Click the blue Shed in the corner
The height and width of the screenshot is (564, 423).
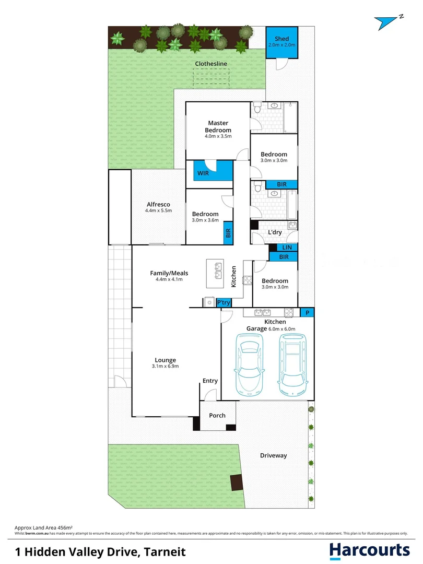coord(281,42)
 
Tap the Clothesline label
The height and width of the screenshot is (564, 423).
coord(211,64)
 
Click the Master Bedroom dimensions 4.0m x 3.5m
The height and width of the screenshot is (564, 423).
coord(218,136)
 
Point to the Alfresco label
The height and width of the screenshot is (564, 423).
coord(158,204)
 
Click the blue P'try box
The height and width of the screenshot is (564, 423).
coord(224,302)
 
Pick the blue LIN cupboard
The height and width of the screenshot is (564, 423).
coord(287,248)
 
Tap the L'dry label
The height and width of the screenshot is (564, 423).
coord(275,232)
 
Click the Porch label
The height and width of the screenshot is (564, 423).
coord(217,416)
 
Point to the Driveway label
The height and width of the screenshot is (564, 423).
coord(273,455)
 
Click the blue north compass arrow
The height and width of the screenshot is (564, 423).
coord(387,22)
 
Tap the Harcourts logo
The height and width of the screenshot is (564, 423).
coord(369,550)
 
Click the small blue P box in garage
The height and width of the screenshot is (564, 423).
coord(308,312)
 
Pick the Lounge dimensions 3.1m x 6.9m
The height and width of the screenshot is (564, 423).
coord(165,366)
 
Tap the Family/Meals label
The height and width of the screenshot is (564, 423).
coord(169,273)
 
